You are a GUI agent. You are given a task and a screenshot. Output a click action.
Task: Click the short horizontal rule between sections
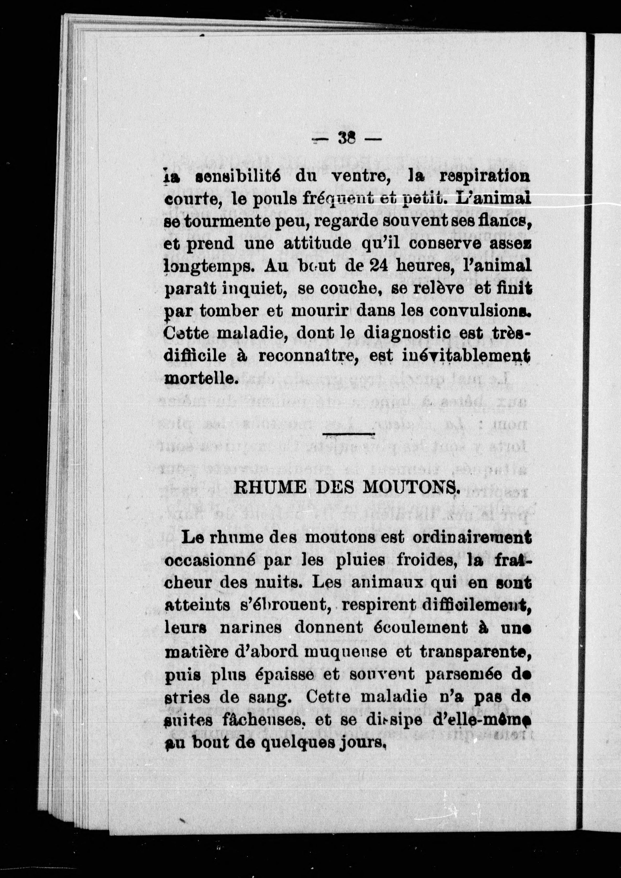click(x=349, y=434)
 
